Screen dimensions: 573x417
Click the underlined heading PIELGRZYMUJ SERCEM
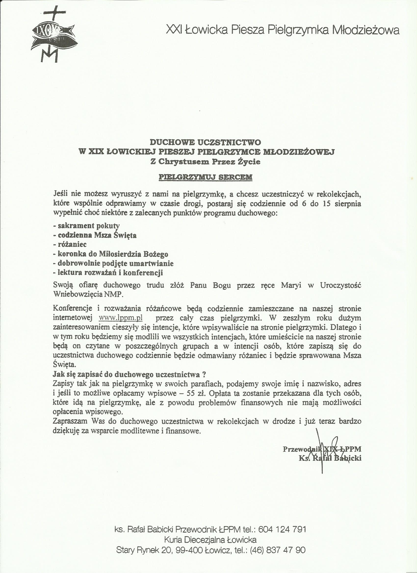pos(205,177)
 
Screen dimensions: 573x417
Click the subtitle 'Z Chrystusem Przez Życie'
pos(205,162)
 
